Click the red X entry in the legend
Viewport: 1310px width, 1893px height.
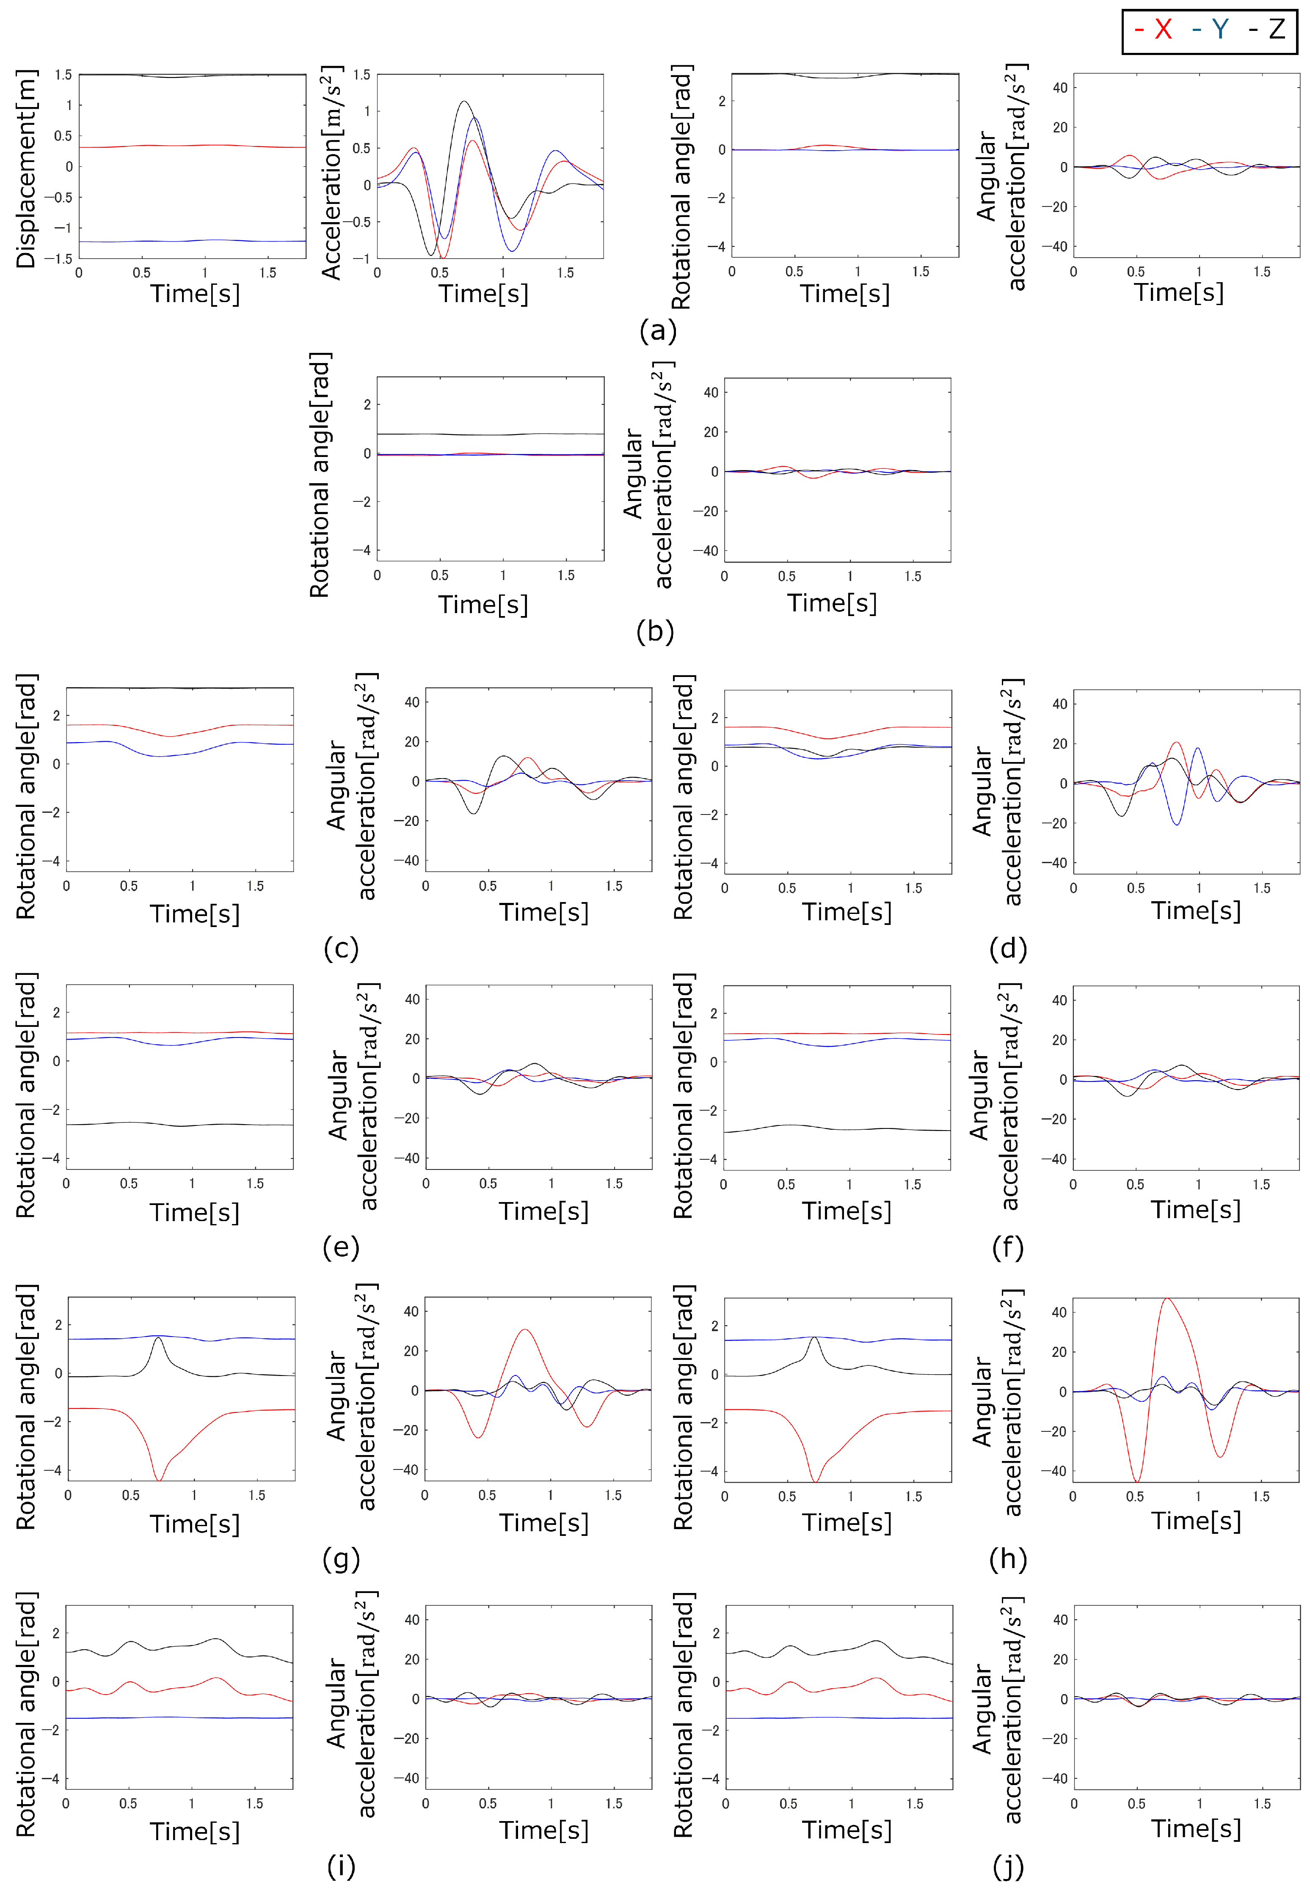tap(1153, 30)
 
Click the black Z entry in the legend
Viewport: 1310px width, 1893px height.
tap(1268, 30)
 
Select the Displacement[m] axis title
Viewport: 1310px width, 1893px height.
tap(26, 168)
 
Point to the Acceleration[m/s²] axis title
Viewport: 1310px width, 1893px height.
tap(331, 172)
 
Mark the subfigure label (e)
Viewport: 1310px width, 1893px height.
tap(341, 1247)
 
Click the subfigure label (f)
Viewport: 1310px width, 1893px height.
tap(1008, 1247)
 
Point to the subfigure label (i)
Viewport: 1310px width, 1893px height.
tap(341, 1867)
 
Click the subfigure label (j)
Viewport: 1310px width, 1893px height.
tap(1008, 1867)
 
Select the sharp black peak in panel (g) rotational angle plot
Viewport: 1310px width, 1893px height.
tap(158, 1337)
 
